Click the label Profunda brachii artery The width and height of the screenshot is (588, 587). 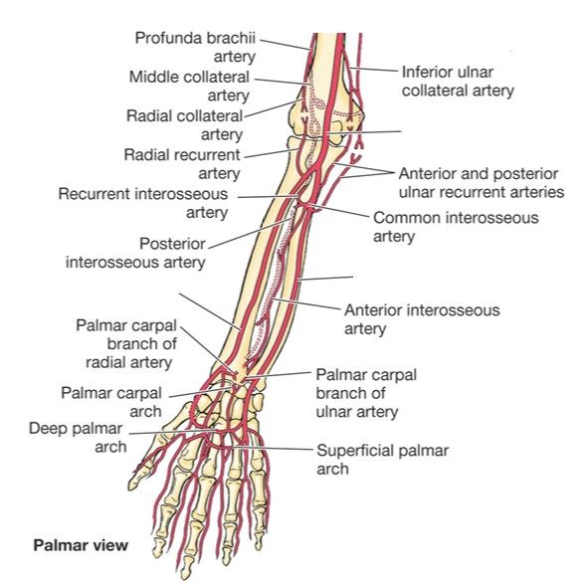195,48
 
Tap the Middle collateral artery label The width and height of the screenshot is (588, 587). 189,86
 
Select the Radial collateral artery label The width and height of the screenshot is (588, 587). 184,125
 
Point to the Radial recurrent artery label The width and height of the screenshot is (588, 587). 182,164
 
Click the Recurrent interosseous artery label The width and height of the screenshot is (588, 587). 143,203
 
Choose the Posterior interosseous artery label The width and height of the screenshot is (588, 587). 135,253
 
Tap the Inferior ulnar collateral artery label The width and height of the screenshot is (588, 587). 458,81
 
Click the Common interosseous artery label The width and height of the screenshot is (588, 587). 456,227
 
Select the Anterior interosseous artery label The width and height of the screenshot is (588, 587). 422,319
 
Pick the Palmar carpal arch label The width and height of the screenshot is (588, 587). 111,402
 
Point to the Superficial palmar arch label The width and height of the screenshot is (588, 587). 383,460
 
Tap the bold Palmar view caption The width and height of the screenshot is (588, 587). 81,545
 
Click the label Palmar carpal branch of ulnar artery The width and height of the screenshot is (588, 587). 366,393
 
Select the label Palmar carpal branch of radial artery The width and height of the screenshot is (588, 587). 126,344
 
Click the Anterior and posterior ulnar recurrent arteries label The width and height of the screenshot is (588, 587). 482,183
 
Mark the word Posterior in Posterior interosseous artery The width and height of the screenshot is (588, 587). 172,244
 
